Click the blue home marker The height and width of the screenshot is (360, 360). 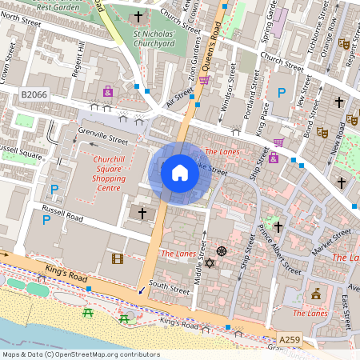179,173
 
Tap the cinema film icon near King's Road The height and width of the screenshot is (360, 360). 118,258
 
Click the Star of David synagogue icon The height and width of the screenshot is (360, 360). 210,263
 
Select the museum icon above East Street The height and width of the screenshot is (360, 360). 317,293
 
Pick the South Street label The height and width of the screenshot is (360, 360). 169,286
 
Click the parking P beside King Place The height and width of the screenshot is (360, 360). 281,94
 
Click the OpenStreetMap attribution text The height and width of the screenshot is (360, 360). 81,354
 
